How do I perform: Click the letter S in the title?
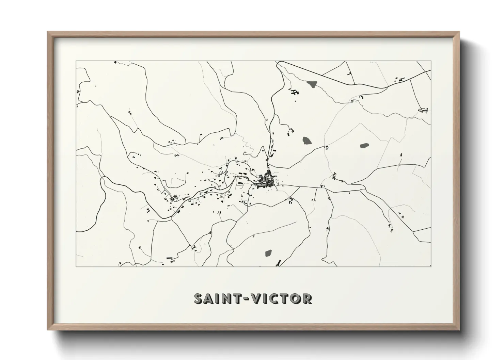(x=199, y=298)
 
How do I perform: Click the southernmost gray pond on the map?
(x=268, y=253)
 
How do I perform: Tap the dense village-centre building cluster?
(x=267, y=181)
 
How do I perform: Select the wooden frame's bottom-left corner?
(x=48, y=329)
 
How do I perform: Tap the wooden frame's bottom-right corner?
(x=459, y=329)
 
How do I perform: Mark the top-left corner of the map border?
(x=76, y=61)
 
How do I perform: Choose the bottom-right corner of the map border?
(x=431, y=266)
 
